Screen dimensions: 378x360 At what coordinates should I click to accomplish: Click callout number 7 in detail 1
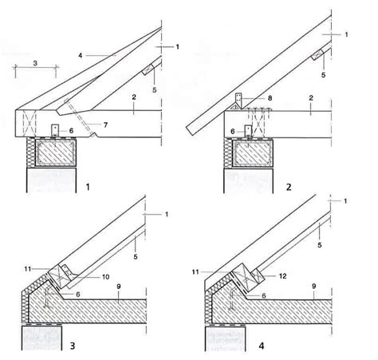tap(105, 125)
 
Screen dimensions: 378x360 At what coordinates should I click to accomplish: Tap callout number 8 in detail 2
tap(270, 98)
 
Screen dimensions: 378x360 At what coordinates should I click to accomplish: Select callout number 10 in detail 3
tap(106, 277)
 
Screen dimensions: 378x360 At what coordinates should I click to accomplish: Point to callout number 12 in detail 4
tap(283, 276)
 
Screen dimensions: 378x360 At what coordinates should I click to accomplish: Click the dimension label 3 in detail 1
tap(35, 63)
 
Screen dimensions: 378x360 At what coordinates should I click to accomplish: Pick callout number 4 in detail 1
tap(81, 55)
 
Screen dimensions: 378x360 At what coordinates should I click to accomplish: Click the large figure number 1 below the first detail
tap(88, 187)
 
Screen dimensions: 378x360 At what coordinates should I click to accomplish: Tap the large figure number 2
tap(289, 187)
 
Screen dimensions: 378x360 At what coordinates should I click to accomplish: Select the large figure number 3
tap(73, 346)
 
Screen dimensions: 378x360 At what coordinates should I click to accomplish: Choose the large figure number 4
tap(262, 346)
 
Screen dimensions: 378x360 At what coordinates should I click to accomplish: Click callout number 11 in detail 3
tap(28, 269)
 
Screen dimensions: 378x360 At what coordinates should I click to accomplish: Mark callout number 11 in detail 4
tap(195, 272)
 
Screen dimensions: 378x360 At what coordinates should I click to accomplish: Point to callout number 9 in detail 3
tap(119, 287)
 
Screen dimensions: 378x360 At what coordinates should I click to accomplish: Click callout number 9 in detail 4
tap(314, 287)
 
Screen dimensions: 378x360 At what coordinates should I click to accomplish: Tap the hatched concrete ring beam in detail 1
tap(55, 152)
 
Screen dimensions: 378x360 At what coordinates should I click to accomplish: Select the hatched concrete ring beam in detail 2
tap(253, 153)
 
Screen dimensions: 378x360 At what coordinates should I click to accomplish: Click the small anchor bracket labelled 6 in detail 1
tap(54, 130)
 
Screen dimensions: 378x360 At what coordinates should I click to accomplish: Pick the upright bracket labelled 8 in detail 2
tap(238, 101)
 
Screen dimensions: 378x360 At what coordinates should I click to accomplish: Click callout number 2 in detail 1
tap(134, 97)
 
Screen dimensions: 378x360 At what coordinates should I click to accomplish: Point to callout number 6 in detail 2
tap(233, 132)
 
